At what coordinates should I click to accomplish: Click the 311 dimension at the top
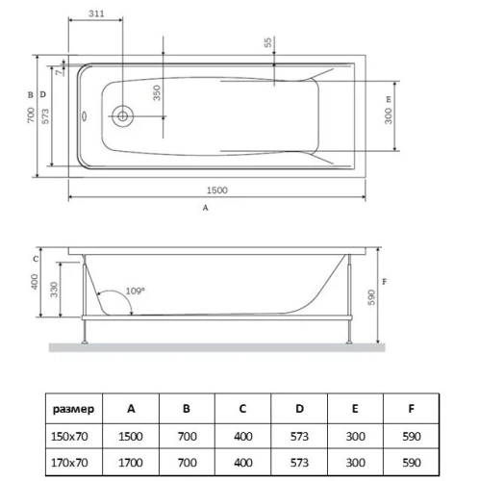click(x=96, y=13)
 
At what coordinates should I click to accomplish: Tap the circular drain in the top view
click(x=122, y=115)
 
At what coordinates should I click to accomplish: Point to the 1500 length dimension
click(x=217, y=190)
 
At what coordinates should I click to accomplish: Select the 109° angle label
click(x=135, y=291)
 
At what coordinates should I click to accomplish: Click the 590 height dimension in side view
click(x=371, y=297)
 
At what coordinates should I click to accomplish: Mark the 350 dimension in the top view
click(x=157, y=93)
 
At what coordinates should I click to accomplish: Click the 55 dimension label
click(x=267, y=42)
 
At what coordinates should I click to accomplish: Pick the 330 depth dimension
click(x=54, y=290)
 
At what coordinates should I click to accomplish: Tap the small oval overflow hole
click(x=85, y=116)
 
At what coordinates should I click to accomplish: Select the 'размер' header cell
click(x=73, y=409)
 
